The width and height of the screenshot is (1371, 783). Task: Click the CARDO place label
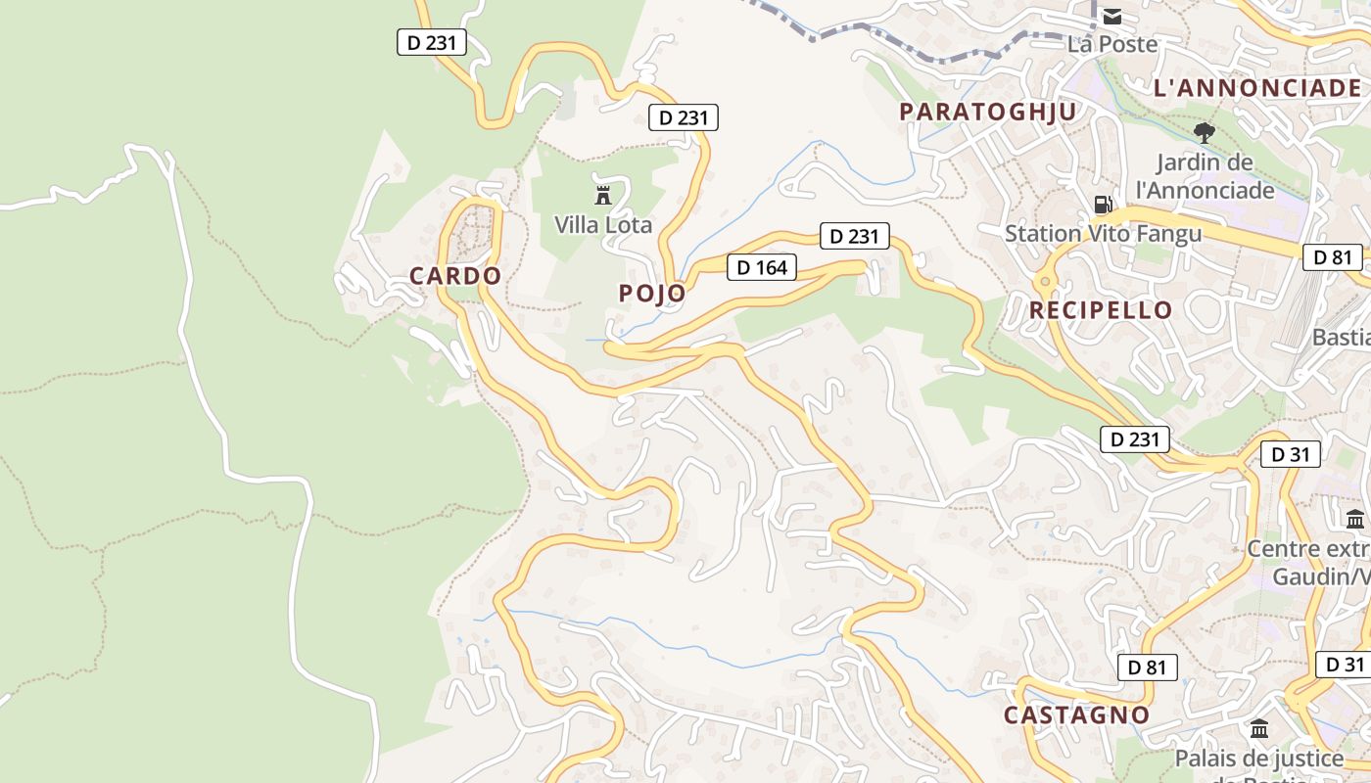pos(455,276)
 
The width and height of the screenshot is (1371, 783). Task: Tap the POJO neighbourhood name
pos(652,293)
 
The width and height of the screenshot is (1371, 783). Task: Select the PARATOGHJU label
pos(988,112)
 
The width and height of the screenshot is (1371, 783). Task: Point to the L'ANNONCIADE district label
pos(1257,88)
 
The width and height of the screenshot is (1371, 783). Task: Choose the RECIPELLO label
pos(1101,310)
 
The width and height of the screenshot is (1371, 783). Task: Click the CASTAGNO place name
pos(1077,714)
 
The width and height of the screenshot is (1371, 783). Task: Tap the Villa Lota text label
pos(603,224)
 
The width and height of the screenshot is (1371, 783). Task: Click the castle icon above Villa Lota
pos(603,194)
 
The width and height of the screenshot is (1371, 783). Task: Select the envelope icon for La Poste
pos(1112,17)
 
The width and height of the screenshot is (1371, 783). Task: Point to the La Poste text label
pos(1112,44)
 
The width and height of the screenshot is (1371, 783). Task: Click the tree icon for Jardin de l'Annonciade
pos(1205,132)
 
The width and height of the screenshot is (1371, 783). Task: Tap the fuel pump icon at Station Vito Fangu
pos(1103,205)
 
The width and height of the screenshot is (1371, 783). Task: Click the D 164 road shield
pos(762,267)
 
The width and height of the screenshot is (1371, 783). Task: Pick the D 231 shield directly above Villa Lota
pos(684,118)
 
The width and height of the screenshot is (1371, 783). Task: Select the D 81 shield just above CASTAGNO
pos(1147,668)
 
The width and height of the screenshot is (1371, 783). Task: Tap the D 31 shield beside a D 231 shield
pos(1290,454)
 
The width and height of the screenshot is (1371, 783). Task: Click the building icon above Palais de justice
pos(1259,729)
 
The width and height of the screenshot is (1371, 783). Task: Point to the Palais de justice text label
pos(1259,759)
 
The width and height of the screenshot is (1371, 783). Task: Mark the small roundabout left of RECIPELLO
pos(1045,282)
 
